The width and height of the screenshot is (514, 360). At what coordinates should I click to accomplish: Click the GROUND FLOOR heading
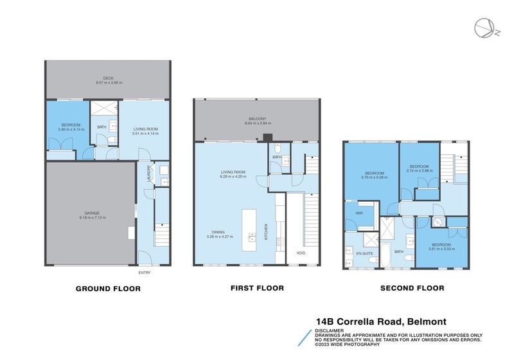108,289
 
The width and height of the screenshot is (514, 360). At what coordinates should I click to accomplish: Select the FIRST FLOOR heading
257,289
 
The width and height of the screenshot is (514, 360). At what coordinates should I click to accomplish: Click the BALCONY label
257,119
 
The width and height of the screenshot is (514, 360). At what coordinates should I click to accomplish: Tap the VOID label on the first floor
301,252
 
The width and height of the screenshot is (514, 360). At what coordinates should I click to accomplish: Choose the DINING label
220,232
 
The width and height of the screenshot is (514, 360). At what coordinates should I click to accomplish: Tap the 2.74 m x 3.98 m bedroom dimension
420,170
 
